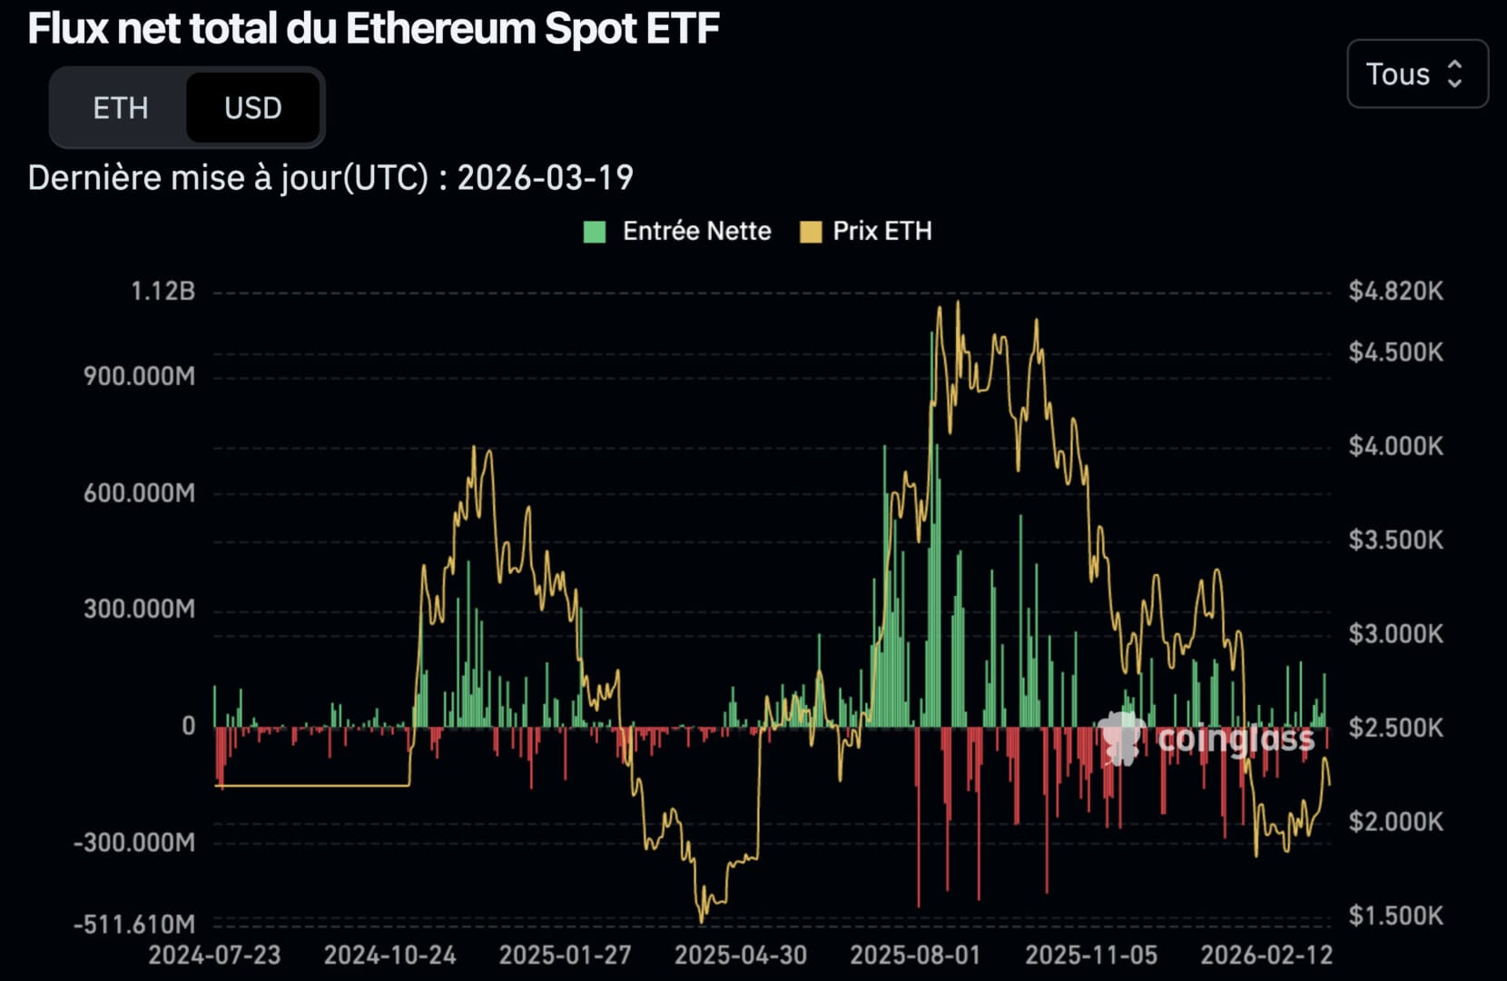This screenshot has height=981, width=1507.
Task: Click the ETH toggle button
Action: pyautogui.click(x=120, y=108)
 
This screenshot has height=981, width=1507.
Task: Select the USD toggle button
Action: pyautogui.click(x=252, y=108)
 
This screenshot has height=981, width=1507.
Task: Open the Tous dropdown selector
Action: pyautogui.click(x=1416, y=74)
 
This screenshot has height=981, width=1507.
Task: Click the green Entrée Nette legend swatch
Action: pyautogui.click(x=595, y=232)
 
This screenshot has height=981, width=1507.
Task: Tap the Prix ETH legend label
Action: pyautogui.click(x=882, y=232)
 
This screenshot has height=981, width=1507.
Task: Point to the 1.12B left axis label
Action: pyautogui.click(x=163, y=291)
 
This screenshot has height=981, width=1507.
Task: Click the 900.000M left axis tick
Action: pyautogui.click(x=139, y=376)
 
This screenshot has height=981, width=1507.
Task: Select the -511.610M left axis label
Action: pyautogui.click(x=134, y=924)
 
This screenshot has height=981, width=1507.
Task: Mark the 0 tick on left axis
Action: pyautogui.click(x=188, y=726)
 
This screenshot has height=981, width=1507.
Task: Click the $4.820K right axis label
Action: pyautogui.click(x=1395, y=291)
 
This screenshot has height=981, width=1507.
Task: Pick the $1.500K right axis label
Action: pyautogui.click(x=1395, y=916)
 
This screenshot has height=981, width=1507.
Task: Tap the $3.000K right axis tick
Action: pyautogui.click(x=1395, y=633)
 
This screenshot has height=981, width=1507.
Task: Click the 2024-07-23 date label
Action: pyautogui.click(x=214, y=956)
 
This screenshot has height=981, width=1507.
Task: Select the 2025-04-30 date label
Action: pyautogui.click(x=740, y=956)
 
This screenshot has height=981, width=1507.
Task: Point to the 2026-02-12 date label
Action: pyautogui.click(x=1266, y=956)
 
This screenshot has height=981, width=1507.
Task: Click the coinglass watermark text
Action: pyautogui.click(x=1235, y=739)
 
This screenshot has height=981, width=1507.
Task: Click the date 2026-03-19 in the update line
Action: pyautogui.click(x=545, y=178)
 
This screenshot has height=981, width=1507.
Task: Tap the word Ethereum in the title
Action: pyautogui.click(x=441, y=29)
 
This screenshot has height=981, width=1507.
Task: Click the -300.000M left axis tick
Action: pyautogui.click(x=134, y=842)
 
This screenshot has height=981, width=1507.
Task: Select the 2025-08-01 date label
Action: pyautogui.click(x=915, y=956)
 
